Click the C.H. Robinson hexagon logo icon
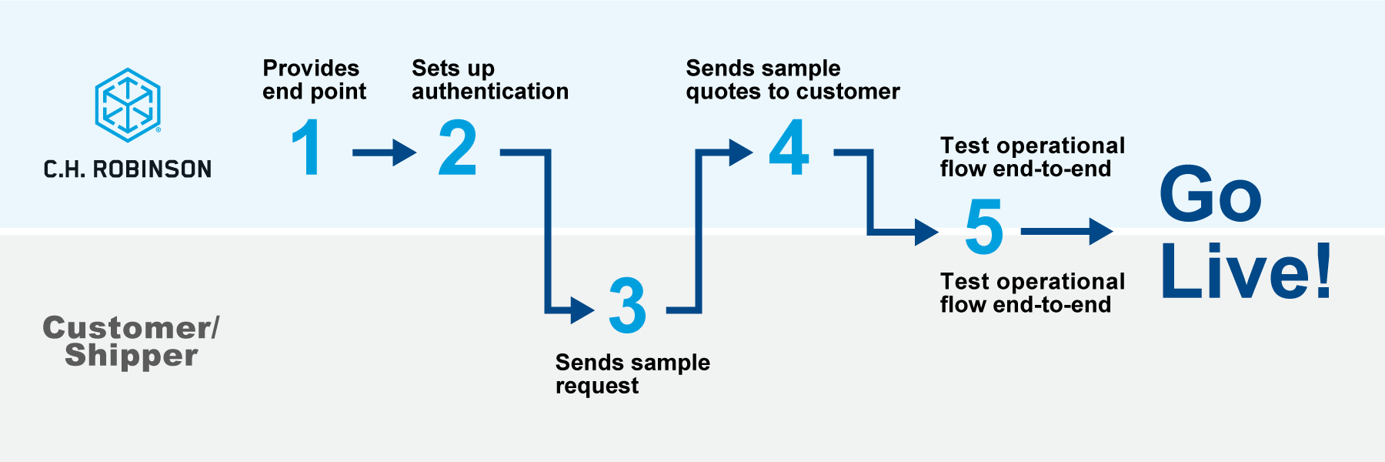pyautogui.click(x=128, y=105)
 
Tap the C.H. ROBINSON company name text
pyautogui.click(x=128, y=169)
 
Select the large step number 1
pyautogui.click(x=307, y=147)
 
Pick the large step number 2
pyautogui.click(x=458, y=147)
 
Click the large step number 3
pyautogui.click(x=627, y=305)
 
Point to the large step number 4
pyautogui.click(x=789, y=147)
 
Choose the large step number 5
pyautogui.click(x=984, y=226)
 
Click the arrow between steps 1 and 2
pyautogui.click(x=384, y=152)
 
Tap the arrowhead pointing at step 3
pyautogui.click(x=582, y=310)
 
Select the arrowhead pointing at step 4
pyautogui.click(x=740, y=152)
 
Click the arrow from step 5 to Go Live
pyautogui.click(x=1066, y=231)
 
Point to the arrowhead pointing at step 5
pyautogui.click(x=926, y=231)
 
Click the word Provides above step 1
pyautogui.click(x=311, y=69)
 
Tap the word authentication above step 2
pyautogui.click(x=490, y=92)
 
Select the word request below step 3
pyautogui.click(x=597, y=386)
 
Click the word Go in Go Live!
pyautogui.click(x=1210, y=194)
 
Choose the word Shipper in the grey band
pyautogui.click(x=132, y=356)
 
